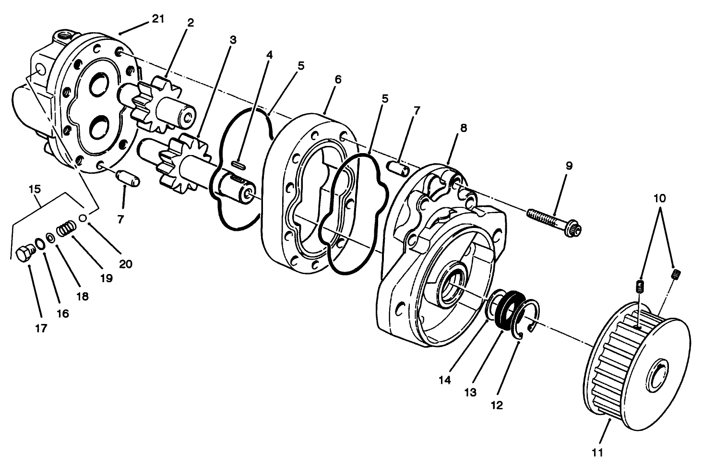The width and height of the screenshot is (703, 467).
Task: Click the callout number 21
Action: click(x=158, y=19)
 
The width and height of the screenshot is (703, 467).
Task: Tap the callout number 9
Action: click(x=569, y=166)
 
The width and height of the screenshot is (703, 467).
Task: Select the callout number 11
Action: click(x=597, y=452)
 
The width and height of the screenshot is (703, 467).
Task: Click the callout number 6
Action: click(x=338, y=80)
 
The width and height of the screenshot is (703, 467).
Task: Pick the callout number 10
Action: click(x=660, y=198)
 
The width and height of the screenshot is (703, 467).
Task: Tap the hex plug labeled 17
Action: click(x=24, y=253)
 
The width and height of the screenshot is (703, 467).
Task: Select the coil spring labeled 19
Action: click(x=66, y=228)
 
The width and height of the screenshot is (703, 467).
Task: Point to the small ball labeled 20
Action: click(x=83, y=218)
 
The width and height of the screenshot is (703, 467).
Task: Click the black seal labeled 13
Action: click(x=506, y=309)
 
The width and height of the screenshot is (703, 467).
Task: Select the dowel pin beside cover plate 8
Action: click(x=399, y=168)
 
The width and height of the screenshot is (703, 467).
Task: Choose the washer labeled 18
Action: click(x=50, y=237)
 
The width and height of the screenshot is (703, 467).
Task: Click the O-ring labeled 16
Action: click(x=40, y=244)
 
